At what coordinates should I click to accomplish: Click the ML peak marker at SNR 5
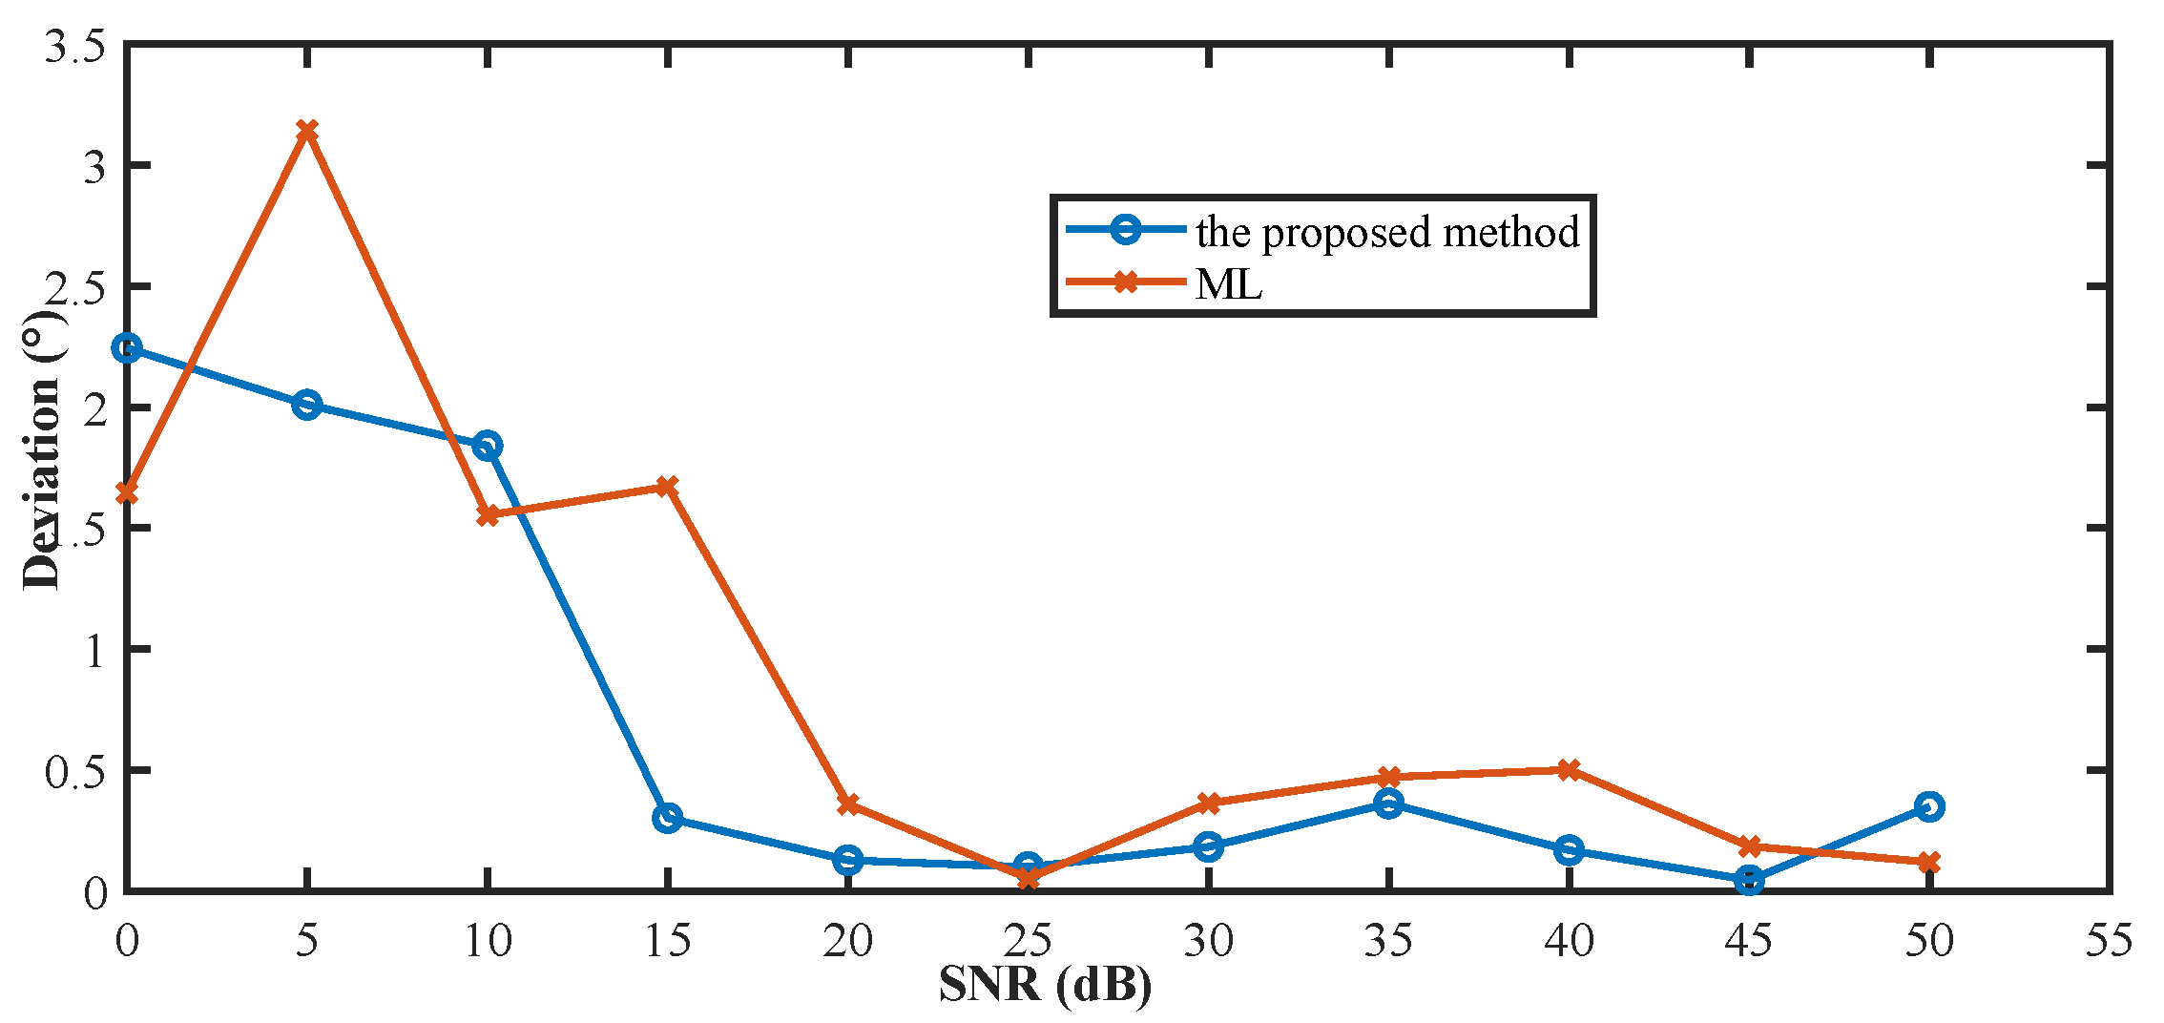click(x=306, y=130)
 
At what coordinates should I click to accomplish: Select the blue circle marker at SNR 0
click(x=127, y=347)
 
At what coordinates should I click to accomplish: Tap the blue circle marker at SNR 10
click(x=488, y=446)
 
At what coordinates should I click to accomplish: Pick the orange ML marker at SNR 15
click(x=667, y=487)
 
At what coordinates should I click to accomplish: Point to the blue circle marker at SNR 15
click(x=667, y=818)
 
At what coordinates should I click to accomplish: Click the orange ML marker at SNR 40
click(x=1569, y=769)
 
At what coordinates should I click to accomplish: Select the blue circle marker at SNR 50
click(x=1929, y=806)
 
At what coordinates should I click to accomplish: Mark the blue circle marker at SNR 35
click(x=1388, y=804)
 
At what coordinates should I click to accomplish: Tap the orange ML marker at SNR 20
click(x=847, y=804)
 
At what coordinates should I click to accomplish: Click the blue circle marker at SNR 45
click(x=1749, y=880)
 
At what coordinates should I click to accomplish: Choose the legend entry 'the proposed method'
click(x=1387, y=232)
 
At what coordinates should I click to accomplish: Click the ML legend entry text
click(x=1229, y=283)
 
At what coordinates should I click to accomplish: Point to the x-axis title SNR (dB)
click(x=1045, y=984)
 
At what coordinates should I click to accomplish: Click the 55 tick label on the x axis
click(x=2109, y=941)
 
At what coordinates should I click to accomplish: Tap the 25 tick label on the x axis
click(x=1028, y=941)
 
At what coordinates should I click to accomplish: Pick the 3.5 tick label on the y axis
click(x=74, y=46)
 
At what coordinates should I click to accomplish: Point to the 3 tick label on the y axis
click(x=94, y=167)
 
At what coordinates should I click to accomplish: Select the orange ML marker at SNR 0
click(x=127, y=492)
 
